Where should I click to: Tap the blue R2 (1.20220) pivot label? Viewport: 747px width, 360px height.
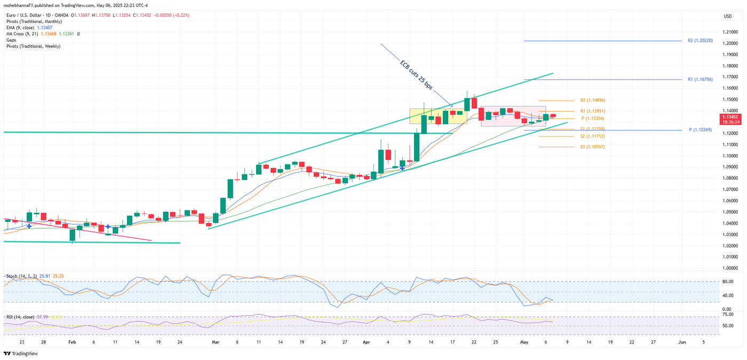tap(700, 41)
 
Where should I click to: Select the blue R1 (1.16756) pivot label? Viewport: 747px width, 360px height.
tap(700, 79)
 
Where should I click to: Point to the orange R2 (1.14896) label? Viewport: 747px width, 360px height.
tap(592, 100)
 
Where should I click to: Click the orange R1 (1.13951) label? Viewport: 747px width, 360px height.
tap(592, 111)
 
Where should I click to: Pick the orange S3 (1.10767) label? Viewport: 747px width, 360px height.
tap(592, 146)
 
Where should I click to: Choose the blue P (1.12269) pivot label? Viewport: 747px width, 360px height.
tap(701, 130)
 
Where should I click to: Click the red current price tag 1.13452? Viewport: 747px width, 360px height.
tap(730, 116)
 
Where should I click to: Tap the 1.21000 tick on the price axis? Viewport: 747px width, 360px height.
tap(730, 32)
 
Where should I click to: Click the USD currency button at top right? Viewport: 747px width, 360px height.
tap(728, 17)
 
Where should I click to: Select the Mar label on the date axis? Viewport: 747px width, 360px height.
tap(216, 341)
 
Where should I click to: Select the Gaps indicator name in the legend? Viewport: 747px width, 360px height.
tap(11, 40)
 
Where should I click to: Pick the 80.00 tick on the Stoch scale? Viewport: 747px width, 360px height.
tap(727, 282)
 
